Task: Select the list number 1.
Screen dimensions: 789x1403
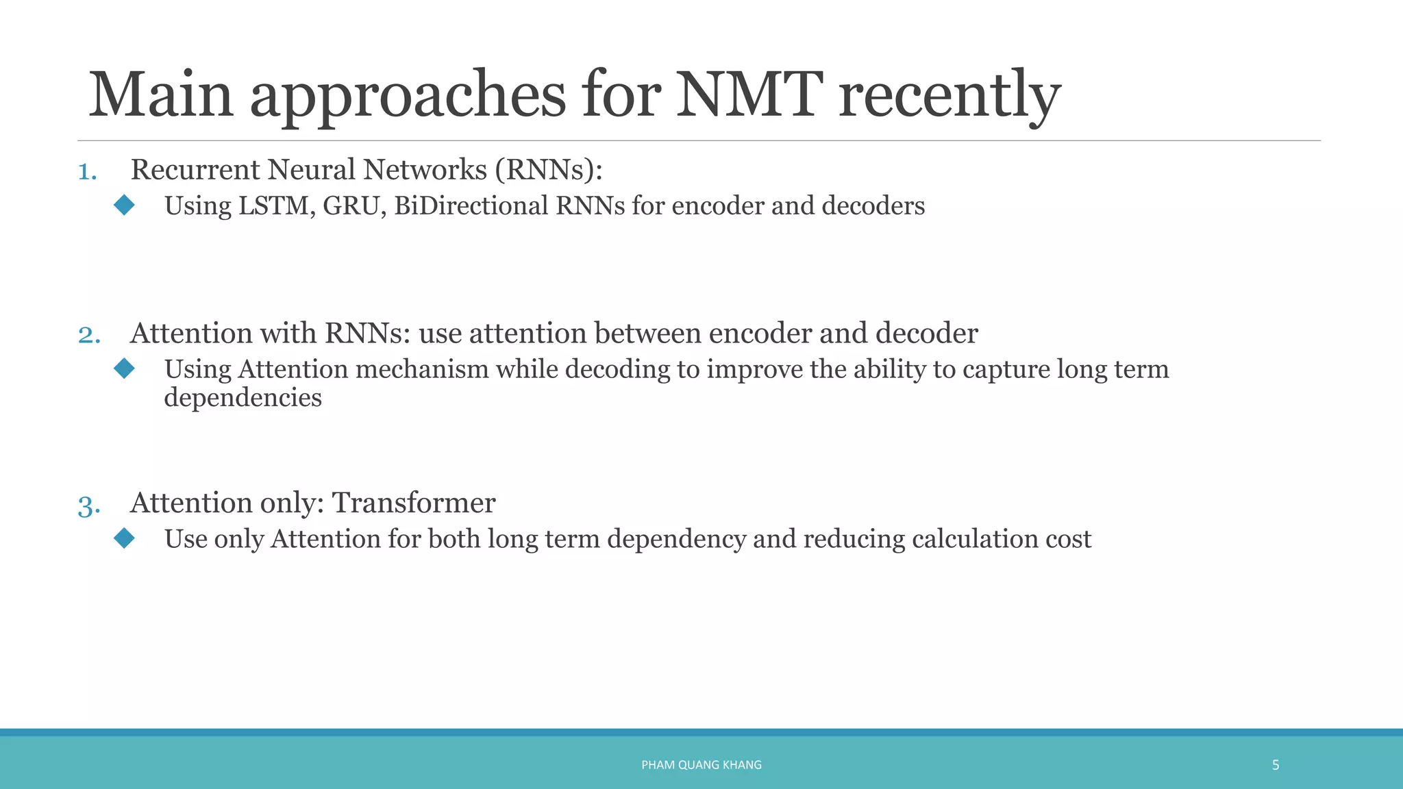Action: point(87,171)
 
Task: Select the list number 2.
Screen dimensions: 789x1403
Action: point(89,335)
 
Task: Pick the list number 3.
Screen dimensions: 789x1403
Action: point(89,505)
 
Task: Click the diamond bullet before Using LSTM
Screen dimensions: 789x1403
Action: point(125,205)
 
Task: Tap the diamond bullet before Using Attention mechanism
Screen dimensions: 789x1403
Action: point(125,368)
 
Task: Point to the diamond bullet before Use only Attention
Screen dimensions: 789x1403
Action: point(125,538)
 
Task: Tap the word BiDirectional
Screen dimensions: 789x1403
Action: point(471,205)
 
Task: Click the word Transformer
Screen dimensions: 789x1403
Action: point(414,503)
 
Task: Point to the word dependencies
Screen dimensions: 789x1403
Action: point(243,398)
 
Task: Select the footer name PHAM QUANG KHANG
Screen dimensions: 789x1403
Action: point(701,765)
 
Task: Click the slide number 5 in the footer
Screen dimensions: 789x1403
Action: point(1276,765)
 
